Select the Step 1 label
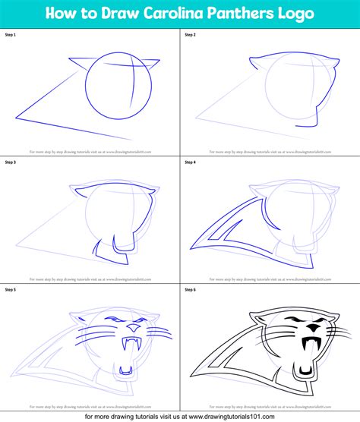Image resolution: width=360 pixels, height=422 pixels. click(x=11, y=34)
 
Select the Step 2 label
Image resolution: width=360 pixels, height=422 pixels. click(x=191, y=34)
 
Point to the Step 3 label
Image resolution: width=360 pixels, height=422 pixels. click(x=11, y=162)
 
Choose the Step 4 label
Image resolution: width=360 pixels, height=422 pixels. click(x=191, y=162)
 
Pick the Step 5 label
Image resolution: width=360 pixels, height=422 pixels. click(x=11, y=290)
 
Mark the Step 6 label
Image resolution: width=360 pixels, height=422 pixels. click(x=191, y=290)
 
